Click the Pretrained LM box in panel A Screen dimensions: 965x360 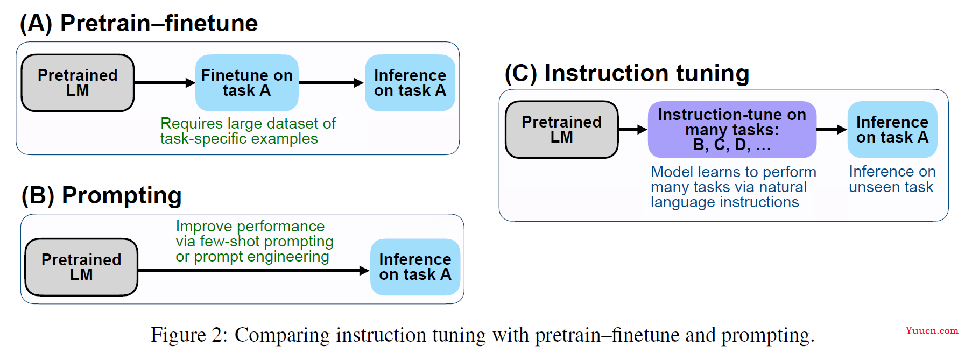coord(78,83)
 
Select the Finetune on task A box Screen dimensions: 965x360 coord(246,83)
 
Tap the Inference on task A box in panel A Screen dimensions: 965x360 coord(410,83)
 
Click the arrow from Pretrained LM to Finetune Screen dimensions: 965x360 coord(165,83)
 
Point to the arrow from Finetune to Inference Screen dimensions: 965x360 coord(332,83)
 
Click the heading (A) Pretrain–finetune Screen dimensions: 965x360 coord(139,23)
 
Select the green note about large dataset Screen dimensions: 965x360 coord(248,131)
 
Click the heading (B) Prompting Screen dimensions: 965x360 coord(102,195)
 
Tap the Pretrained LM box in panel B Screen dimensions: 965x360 coord(81,267)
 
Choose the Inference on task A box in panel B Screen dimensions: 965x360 coord(415,267)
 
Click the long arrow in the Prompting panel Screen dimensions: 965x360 coord(253,271)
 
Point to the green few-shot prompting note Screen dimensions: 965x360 coord(254,241)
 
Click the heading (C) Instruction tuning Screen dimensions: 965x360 coord(627,73)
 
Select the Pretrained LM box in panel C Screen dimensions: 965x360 coord(562,130)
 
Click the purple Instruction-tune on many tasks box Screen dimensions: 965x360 coord(732,130)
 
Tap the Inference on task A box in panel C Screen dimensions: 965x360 coord(892,130)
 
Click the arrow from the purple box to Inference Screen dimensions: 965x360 coord(832,130)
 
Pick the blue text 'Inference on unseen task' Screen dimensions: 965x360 coord(892,179)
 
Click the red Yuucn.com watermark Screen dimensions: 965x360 coord(932,330)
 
